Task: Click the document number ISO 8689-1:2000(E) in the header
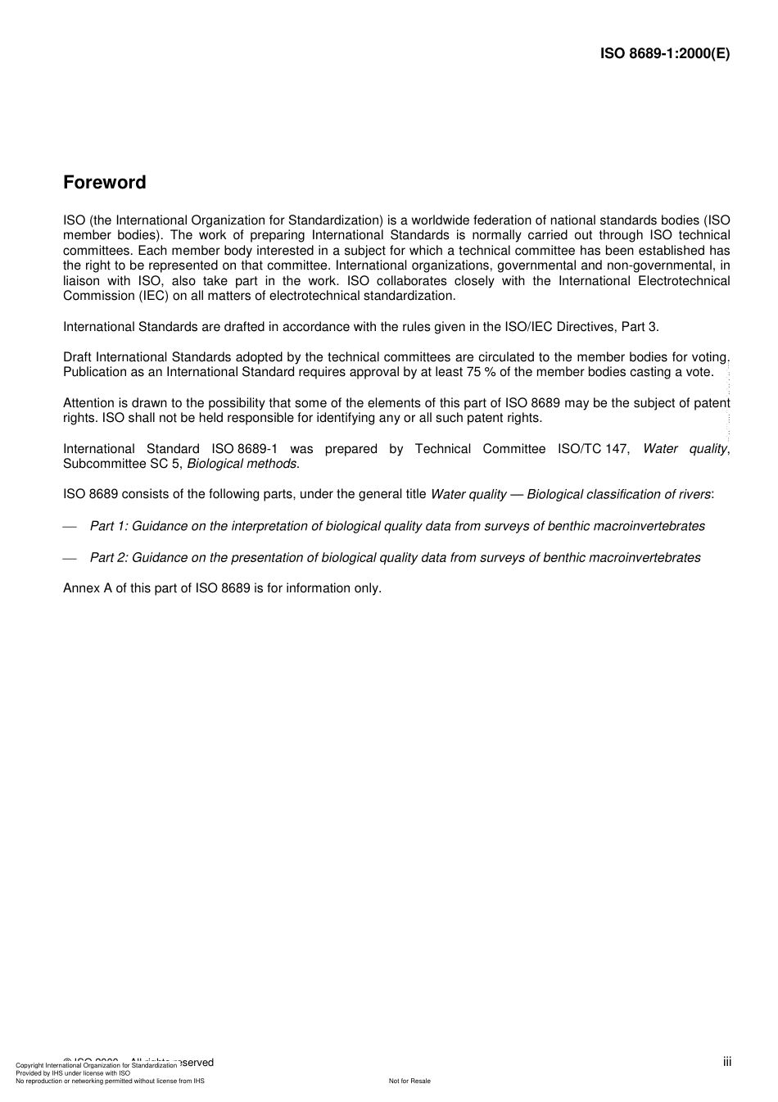point(665,54)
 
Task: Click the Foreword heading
point(105,183)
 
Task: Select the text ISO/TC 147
point(594,449)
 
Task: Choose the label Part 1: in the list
point(109,526)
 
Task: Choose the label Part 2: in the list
point(109,558)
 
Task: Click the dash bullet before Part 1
point(70,527)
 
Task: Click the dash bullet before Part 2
point(70,559)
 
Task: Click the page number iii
point(726,1062)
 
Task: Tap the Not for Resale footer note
point(409,1081)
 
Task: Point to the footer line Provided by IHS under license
point(73,1073)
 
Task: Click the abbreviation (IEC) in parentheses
point(152,296)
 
